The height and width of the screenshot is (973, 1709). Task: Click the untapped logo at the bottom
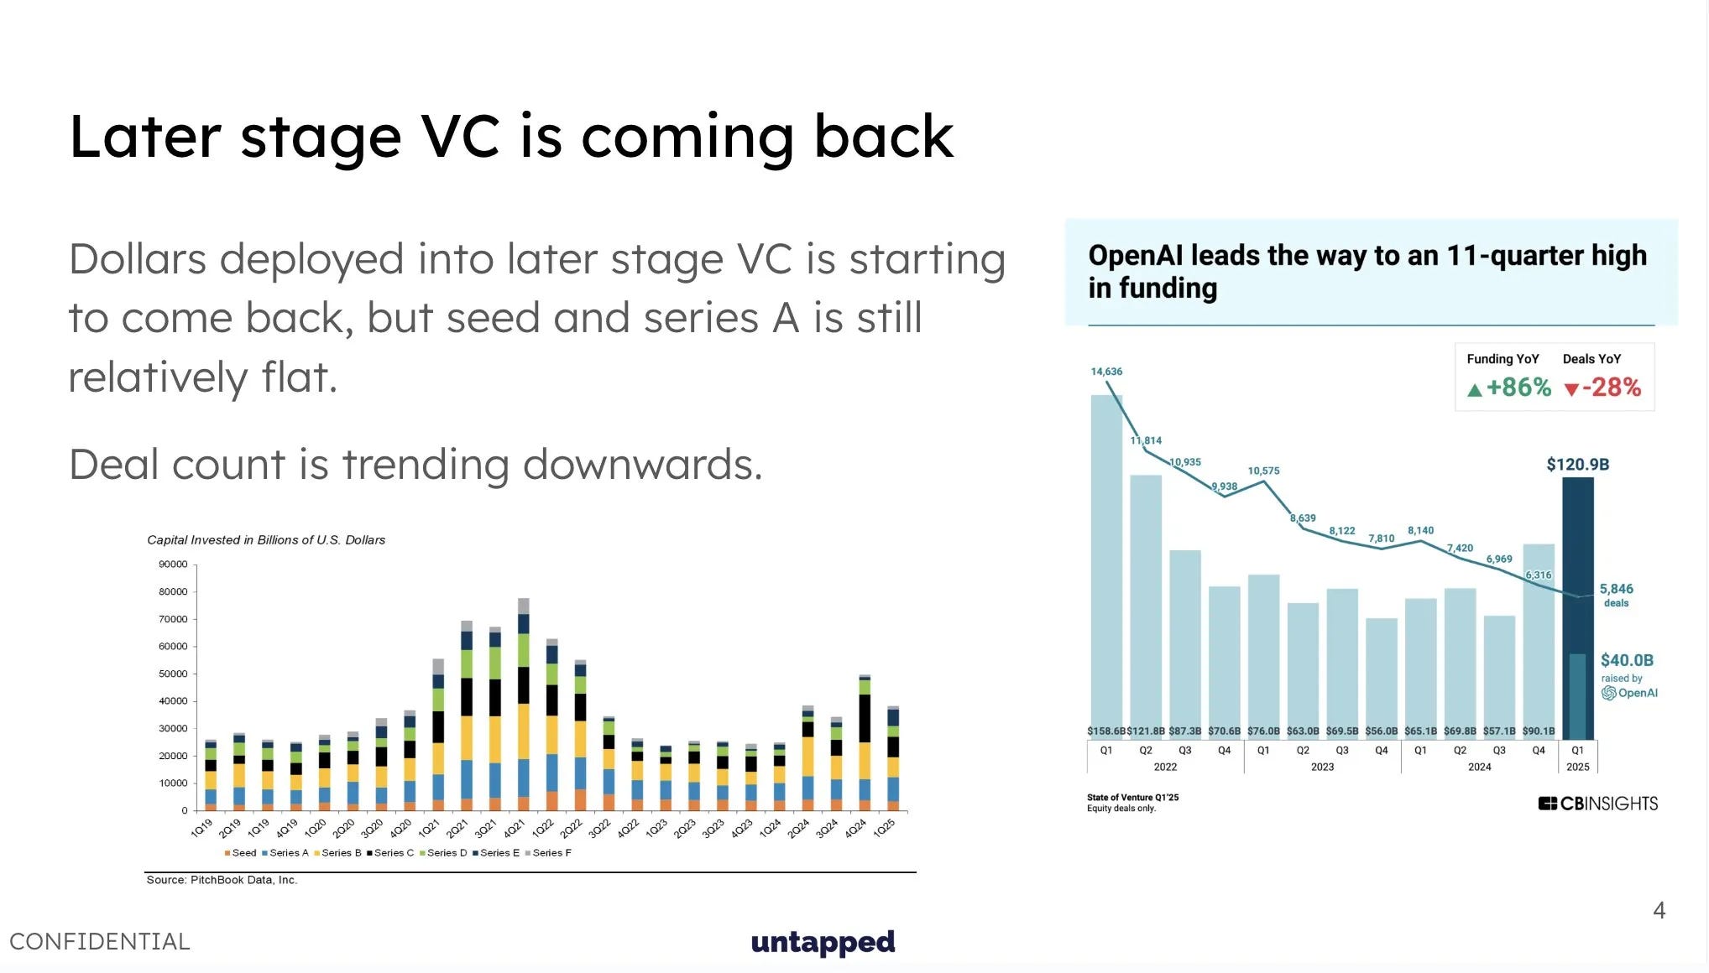[823, 942]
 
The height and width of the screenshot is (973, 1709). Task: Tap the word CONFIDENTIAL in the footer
[100, 941]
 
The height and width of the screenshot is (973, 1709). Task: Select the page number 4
[1659, 910]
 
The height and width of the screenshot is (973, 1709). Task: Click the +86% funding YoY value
[1509, 388]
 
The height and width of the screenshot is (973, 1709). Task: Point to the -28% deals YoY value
[1602, 388]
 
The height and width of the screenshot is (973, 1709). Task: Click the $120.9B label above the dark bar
[1577, 464]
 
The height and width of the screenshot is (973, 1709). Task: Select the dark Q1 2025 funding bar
[1578, 608]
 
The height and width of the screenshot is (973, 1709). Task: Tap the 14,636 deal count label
[1106, 372]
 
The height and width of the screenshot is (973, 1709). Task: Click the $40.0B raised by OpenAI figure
[1627, 660]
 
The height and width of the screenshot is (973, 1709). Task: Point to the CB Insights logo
[1597, 804]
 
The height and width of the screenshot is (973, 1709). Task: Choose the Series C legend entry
[390, 853]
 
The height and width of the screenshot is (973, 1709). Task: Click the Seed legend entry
[241, 853]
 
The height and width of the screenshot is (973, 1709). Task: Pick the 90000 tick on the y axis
[173, 565]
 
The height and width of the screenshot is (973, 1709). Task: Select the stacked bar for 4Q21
[524, 705]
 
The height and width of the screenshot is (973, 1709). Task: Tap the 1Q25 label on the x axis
[885, 828]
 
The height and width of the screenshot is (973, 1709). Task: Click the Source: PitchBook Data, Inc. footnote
[222, 880]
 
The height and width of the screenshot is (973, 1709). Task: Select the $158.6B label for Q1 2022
[1106, 731]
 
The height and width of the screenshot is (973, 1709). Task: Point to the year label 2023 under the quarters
[1322, 767]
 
